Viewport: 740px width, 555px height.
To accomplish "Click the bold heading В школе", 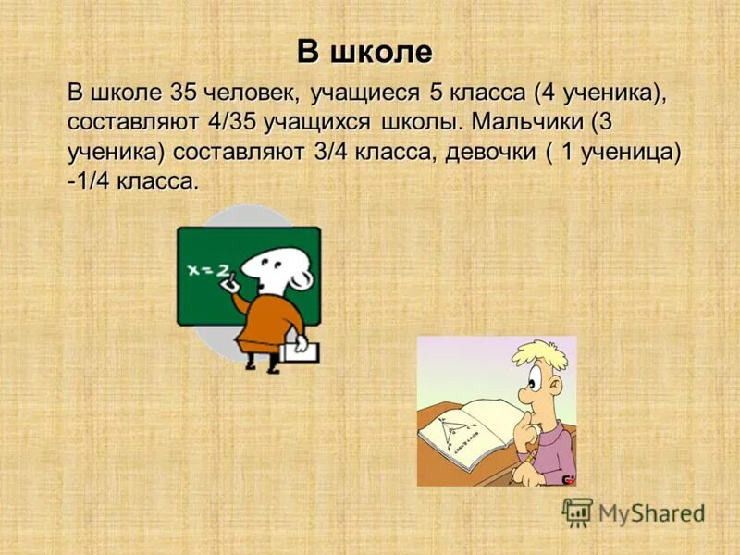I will tap(364, 52).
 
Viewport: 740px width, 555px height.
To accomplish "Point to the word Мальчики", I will tap(528, 123).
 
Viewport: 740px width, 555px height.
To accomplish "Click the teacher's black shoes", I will tap(260, 366).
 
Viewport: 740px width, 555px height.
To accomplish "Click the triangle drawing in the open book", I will tap(453, 426).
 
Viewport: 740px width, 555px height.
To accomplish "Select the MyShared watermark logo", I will tap(633, 512).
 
